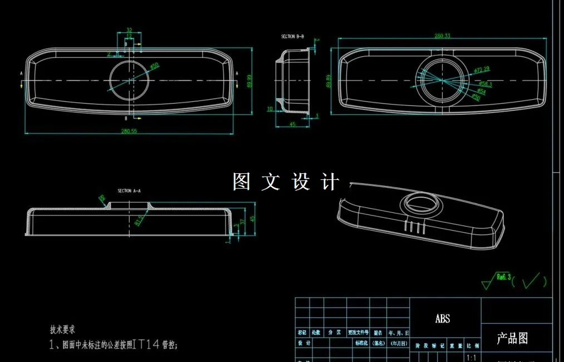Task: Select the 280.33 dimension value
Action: click(x=442, y=36)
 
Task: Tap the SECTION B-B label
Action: click(x=292, y=36)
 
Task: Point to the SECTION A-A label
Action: click(x=129, y=190)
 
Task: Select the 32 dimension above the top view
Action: click(x=129, y=30)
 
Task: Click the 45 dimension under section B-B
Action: click(x=292, y=124)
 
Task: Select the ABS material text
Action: click(x=443, y=319)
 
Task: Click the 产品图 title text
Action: click(x=512, y=338)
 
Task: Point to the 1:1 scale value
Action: click(x=470, y=357)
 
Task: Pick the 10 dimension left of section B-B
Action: click(x=270, y=109)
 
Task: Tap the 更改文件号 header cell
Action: click(x=358, y=332)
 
